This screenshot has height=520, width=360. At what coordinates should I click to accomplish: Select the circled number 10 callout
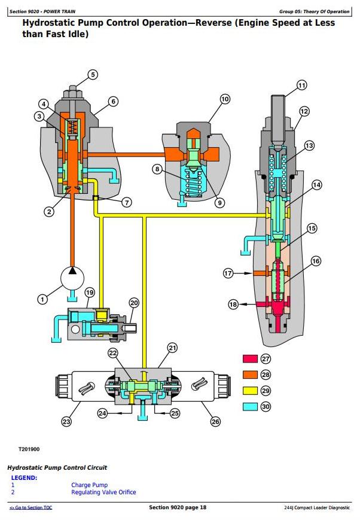click(x=224, y=99)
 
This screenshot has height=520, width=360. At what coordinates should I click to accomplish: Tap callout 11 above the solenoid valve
click(x=301, y=86)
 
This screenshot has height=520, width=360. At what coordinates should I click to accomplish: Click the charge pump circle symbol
click(x=72, y=278)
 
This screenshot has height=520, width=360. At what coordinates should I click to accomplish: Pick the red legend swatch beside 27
click(x=249, y=359)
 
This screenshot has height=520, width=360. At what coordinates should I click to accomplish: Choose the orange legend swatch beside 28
click(x=249, y=375)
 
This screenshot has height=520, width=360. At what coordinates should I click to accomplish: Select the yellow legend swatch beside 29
click(x=249, y=391)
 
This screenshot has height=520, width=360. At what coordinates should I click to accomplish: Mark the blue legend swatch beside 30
click(x=249, y=406)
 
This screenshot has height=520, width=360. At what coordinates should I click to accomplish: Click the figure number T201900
click(x=29, y=448)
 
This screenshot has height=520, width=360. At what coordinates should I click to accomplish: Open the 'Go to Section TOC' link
click(x=30, y=507)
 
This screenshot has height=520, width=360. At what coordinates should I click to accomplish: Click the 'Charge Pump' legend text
click(x=90, y=485)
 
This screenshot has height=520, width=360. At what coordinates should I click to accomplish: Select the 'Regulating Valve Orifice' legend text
click(x=103, y=492)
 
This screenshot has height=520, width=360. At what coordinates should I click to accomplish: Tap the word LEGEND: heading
click(x=24, y=478)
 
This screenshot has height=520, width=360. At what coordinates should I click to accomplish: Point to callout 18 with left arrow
click(x=233, y=305)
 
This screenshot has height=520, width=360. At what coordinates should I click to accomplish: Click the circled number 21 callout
click(x=172, y=348)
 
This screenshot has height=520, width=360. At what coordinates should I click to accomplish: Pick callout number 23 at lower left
click(x=66, y=422)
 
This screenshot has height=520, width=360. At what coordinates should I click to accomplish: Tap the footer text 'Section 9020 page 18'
click(x=178, y=507)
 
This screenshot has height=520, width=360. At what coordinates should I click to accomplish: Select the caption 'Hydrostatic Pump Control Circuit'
click(x=57, y=467)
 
